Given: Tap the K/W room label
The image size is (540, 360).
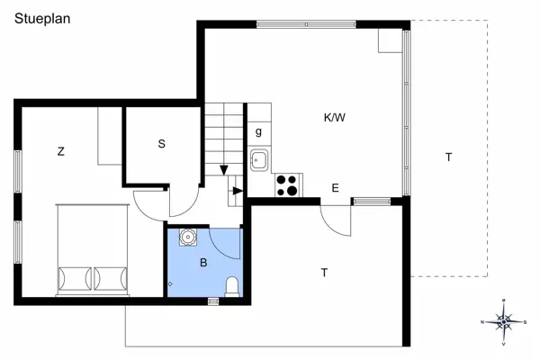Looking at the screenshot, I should [335, 117].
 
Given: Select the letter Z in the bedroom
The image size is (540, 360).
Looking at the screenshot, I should [61, 151].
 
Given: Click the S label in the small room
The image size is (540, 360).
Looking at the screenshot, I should [162, 143].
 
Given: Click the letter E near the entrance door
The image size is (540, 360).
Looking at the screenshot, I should [335, 188].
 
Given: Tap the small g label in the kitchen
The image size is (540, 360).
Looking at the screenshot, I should [258, 132].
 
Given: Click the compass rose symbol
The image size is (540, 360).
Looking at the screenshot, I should [505, 320].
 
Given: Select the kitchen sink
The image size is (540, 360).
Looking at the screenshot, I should [258, 161].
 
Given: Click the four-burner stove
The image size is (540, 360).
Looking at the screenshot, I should [288, 184].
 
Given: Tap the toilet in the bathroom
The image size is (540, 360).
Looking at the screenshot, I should [233, 286].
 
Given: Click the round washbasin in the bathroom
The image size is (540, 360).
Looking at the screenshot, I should [188, 238].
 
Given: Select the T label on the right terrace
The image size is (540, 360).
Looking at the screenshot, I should [447, 157].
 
